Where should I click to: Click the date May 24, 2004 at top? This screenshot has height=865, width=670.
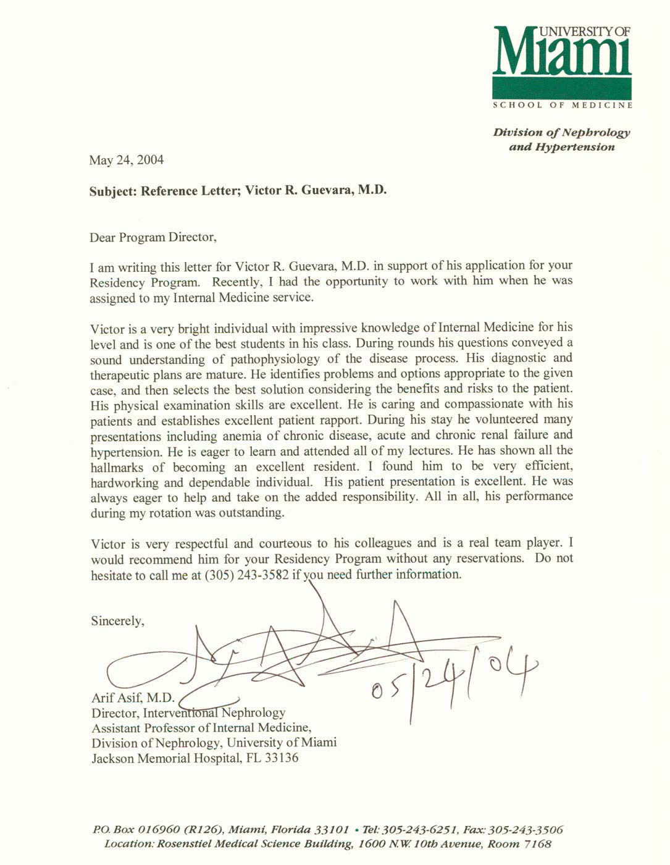tap(127, 160)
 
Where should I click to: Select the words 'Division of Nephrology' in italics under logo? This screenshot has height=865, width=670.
tap(561, 132)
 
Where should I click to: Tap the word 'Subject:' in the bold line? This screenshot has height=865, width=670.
tap(112, 191)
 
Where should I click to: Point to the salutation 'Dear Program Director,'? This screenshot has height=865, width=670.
tap(153, 237)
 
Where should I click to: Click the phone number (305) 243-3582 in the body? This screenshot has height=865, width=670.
tap(246, 575)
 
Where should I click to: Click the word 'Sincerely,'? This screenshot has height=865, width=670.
tap(117, 621)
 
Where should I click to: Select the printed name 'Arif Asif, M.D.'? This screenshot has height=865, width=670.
tap(133, 698)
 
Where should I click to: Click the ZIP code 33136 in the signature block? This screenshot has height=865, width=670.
tap(282, 758)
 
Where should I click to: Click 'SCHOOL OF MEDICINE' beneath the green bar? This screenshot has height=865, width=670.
tap(563, 105)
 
